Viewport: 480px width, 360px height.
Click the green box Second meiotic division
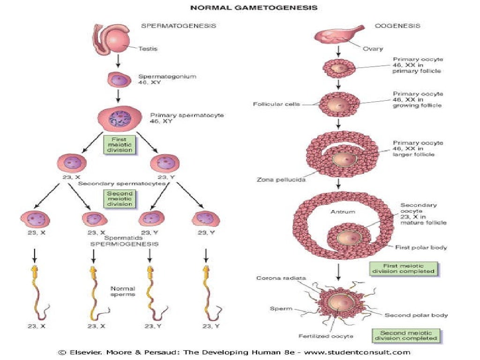point(120,199)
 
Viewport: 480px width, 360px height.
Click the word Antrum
point(343,212)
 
